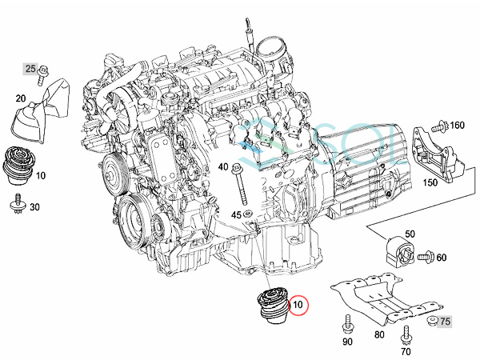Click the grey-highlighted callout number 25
[x=30, y=69]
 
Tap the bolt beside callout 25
[x=42, y=75]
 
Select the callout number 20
[x=21, y=98]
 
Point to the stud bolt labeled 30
[x=18, y=202]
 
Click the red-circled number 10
[x=298, y=305]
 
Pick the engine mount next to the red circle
[x=271, y=308]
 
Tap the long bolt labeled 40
[x=240, y=185]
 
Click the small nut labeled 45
[x=248, y=213]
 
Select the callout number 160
[x=458, y=126]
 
